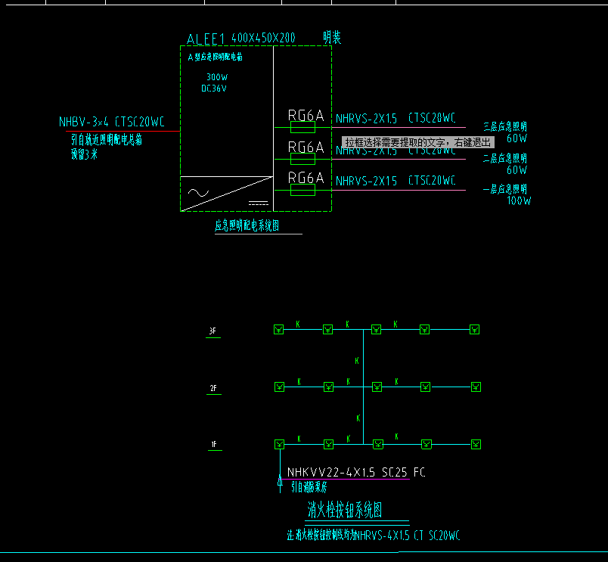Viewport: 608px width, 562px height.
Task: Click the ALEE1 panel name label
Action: [206, 39]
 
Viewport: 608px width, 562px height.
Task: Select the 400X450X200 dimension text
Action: [263, 38]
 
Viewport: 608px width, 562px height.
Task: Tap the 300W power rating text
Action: [217, 77]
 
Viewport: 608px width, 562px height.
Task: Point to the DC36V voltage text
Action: [214, 88]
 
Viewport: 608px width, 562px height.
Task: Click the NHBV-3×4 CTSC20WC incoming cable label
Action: [112, 121]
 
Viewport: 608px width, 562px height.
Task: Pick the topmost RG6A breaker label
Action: [306, 116]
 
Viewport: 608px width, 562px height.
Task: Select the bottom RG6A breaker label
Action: [306, 178]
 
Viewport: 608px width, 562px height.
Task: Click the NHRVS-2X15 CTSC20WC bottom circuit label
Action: [396, 181]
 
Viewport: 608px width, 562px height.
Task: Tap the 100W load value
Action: [519, 201]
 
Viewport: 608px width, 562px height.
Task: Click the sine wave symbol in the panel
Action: [198, 192]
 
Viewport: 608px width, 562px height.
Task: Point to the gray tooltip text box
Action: [418, 142]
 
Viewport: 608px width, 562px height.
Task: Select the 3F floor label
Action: [213, 331]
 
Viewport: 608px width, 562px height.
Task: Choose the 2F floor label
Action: [213, 389]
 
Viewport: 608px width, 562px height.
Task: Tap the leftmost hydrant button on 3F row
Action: [278, 329]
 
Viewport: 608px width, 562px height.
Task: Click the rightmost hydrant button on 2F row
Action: [474, 387]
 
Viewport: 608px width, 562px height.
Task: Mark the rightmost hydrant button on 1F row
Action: [474, 443]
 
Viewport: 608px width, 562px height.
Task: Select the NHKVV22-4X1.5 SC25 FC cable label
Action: [356, 472]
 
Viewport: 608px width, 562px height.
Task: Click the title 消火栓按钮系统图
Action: [345, 511]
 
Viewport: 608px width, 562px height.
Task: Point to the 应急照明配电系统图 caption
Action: [247, 225]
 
